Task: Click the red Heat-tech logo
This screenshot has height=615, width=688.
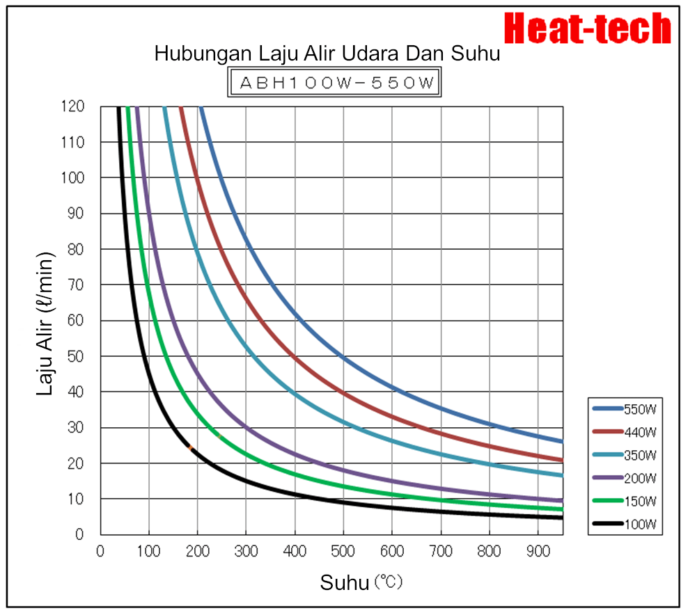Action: tap(587, 29)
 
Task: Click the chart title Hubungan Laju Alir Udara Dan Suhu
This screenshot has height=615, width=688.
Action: tap(327, 54)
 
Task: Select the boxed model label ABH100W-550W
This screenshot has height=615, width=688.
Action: tap(336, 83)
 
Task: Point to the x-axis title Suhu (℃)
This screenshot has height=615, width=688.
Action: tap(361, 582)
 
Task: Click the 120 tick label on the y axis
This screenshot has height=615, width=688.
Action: tap(72, 106)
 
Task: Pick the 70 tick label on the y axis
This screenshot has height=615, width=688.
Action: tap(75, 285)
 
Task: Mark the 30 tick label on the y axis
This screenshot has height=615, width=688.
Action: tap(75, 427)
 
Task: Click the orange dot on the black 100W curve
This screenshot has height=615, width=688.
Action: tap(190, 447)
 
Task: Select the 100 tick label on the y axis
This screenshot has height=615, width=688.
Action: tap(72, 177)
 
